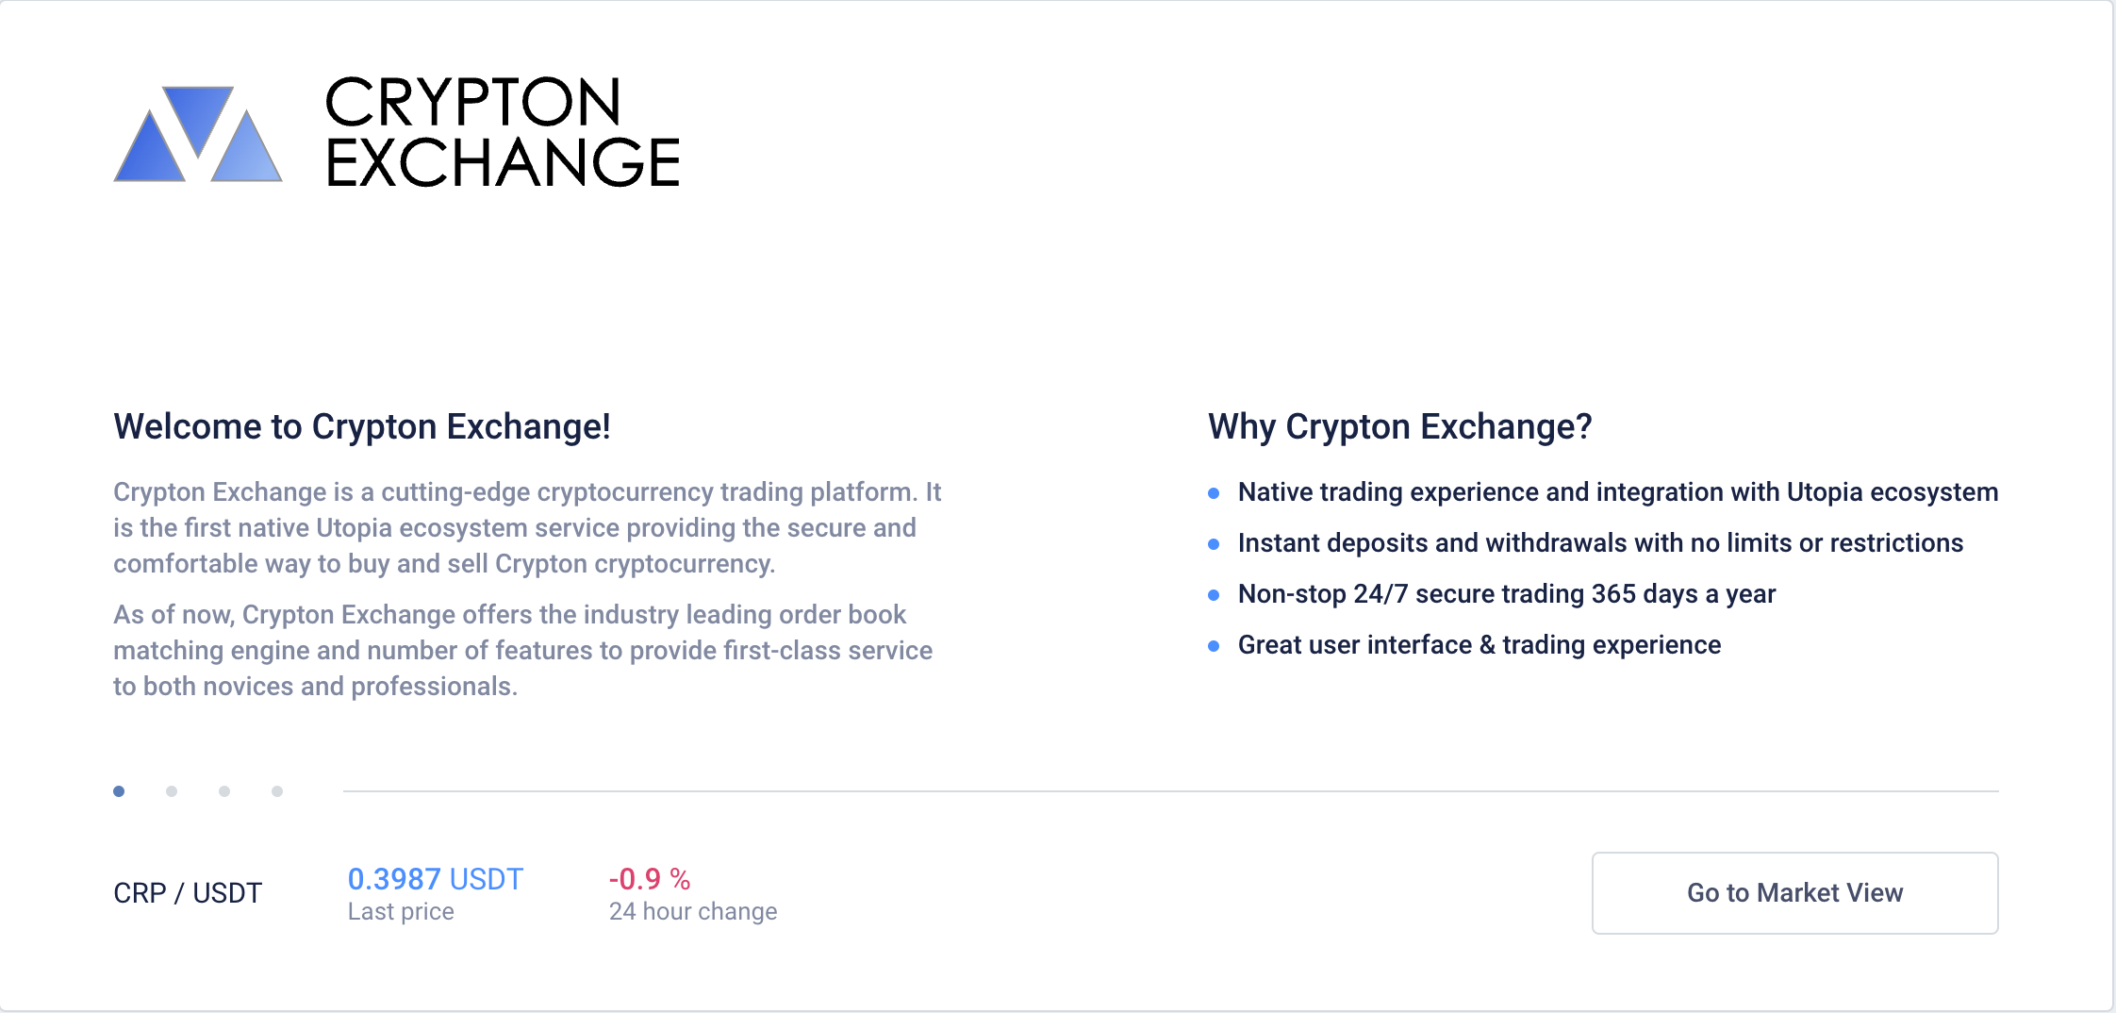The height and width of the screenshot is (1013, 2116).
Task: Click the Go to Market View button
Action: [1794, 893]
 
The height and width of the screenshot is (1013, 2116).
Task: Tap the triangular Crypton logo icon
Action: [198, 134]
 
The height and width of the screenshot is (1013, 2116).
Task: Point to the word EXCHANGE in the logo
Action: [503, 161]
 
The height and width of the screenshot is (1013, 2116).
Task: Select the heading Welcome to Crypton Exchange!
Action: [362, 426]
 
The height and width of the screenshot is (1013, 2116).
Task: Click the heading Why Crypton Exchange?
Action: [1400, 426]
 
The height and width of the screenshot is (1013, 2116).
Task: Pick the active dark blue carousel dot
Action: [119, 791]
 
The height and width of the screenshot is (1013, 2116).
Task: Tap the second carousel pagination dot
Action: [172, 791]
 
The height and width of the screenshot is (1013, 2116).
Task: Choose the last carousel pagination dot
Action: [277, 791]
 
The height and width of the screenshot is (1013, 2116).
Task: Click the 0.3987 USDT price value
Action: [436, 879]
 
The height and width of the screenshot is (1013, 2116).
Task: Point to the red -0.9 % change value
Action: [650, 879]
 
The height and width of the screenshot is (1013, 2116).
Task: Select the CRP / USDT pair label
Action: [188, 893]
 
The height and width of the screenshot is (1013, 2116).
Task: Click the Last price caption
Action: [401, 912]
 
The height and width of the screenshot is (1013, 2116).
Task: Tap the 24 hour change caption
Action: [693, 912]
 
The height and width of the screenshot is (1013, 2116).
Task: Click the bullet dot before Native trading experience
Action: [1214, 493]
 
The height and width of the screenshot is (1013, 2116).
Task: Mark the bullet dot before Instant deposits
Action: [1214, 544]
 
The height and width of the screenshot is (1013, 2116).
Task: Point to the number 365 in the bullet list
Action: [1613, 594]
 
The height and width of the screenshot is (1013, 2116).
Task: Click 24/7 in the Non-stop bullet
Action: [1380, 594]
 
